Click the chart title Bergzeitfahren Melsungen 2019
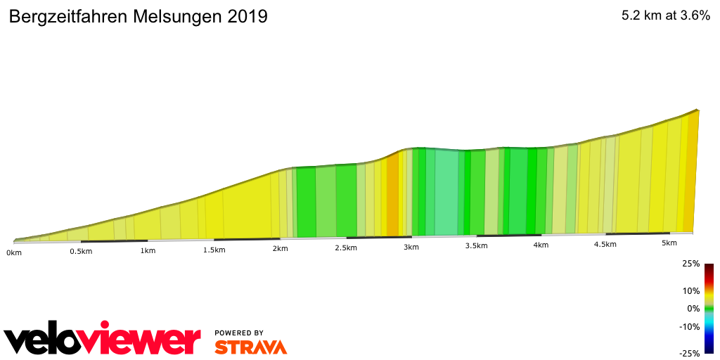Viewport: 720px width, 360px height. click(x=138, y=17)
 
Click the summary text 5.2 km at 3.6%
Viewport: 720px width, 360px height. click(x=665, y=15)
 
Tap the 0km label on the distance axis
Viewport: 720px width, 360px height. click(x=14, y=252)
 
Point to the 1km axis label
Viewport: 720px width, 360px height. click(x=148, y=250)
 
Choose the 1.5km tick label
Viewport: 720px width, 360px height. click(x=214, y=250)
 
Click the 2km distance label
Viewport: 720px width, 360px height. click(x=280, y=249)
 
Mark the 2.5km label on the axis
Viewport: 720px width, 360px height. click(x=347, y=248)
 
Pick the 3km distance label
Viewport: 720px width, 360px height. click(x=411, y=247)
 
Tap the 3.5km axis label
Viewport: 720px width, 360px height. click(x=476, y=246)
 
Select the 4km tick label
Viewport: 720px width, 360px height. click(x=541, y=245)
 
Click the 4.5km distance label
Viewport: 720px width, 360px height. click(x=605, y=245)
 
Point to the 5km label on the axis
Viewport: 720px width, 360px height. click(x=669, y=243)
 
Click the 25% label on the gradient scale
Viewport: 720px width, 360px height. click(x=690, y=264)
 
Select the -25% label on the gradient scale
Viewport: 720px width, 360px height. click(x=689, y=354)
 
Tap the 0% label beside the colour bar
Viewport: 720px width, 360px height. click(x=693, y=309)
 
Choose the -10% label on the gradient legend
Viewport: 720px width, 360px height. click(x=689, y=326)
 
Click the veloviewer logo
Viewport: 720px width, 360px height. click(x=103, y=340)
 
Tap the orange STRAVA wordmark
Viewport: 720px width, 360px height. click(x=250, y=347)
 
